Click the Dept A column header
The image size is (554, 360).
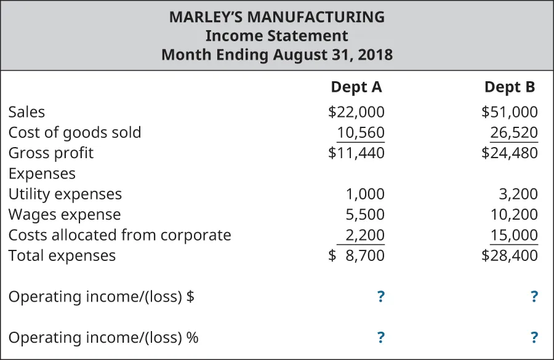pos(356,87)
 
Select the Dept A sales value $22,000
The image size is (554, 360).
pos(356,112)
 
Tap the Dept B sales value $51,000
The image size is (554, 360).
pos(509,112)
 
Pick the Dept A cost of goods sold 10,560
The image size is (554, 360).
pos(360,132)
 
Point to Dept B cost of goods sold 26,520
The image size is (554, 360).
pos(513,132)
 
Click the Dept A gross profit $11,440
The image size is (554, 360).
pos(356,153)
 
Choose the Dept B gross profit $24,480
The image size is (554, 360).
pos(509,153)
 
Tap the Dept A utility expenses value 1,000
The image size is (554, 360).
pos(364,194)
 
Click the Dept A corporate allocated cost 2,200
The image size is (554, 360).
pos(364,235)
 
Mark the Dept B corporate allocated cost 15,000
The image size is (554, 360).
pos(513,235)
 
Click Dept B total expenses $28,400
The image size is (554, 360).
pos(509,255)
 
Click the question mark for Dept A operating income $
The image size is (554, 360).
pos(380,297)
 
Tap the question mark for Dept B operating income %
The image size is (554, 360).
pos(534,337)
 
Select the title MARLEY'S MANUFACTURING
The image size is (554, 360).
pos(277,17)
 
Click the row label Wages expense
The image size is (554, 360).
pos(65,215)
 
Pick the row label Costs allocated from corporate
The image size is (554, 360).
pos(119,235)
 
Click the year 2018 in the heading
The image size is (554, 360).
pos(374,54)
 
